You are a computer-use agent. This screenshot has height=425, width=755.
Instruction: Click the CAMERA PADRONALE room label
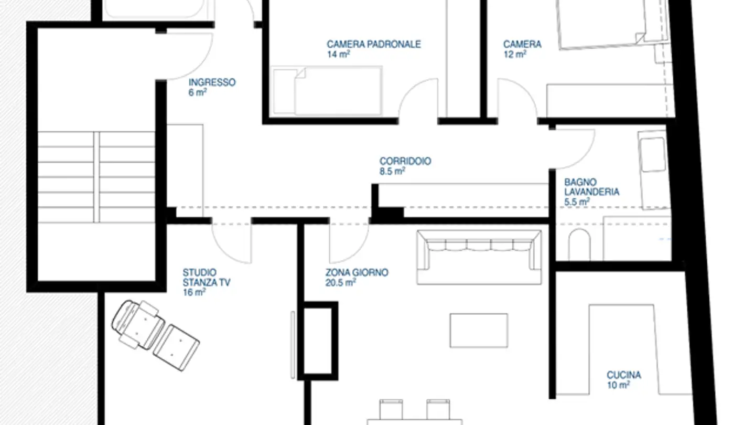coord(373,45)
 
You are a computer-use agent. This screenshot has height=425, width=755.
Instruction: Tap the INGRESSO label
coord(212,82)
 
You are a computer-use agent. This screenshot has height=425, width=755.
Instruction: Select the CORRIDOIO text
coord(405,161)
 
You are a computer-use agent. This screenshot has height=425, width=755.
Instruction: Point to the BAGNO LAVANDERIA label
coord(591,187)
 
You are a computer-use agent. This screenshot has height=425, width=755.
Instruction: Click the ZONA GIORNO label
coord(357,273)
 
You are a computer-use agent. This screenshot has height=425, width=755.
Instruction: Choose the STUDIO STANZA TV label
coord(206,278)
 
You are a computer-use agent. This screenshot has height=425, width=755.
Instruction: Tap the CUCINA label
coord(623,375)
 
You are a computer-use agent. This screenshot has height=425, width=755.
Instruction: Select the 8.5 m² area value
coord(392,171)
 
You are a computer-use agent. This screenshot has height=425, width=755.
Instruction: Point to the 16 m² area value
coord(193,293)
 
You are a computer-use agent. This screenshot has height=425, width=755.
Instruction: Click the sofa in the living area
coord(479,257)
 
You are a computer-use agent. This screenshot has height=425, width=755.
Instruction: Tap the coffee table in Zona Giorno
coord(479,330)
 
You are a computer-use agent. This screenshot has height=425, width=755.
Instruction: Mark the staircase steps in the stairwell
coord(96,177)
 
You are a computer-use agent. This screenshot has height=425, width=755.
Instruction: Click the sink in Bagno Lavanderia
coord(652,154)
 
